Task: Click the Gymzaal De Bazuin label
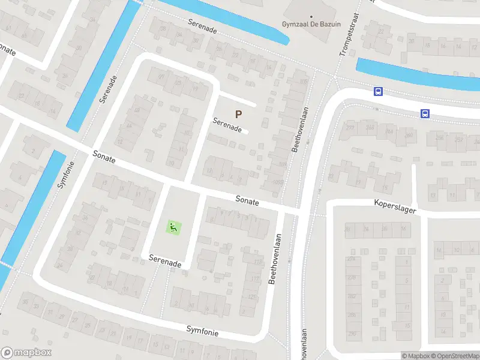[x=311, y=24]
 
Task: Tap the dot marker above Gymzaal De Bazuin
[x=311, y=16]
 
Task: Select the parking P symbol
[x=239, y=113]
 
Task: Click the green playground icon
[x=173, y=227]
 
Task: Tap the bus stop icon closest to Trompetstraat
[x=378, y=92]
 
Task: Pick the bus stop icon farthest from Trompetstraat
[x=425, y=113]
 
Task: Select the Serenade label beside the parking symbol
[x=227, y=125]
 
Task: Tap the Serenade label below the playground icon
[x=165, y=259]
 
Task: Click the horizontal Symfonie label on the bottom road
[x=202, y=330]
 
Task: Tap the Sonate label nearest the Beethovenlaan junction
[x=247, y=201]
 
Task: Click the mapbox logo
[x=26, y=353]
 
